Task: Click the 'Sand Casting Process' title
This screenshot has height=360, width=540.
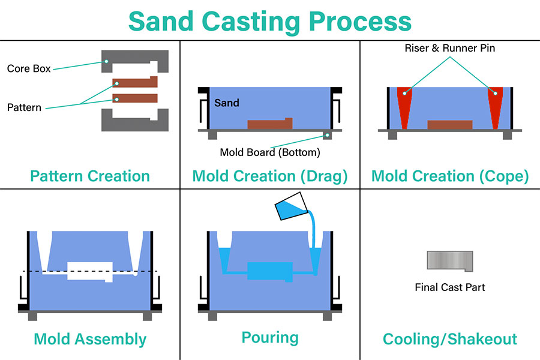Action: coord(270,22)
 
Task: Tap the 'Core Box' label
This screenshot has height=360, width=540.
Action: coord(29,68)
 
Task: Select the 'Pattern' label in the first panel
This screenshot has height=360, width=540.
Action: coord(24,107)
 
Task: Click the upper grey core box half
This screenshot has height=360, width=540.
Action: coord(134,56)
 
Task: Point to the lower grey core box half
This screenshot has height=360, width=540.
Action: coord(134,125)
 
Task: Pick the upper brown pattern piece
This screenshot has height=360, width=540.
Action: coord(135,82)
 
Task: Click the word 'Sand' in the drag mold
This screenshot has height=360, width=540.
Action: coord(227,103)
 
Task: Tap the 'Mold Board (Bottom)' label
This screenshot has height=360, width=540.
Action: coord(270,152)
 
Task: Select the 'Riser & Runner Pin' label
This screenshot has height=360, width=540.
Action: coord(450,48)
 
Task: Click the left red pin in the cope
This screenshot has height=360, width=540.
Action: coord(404,103)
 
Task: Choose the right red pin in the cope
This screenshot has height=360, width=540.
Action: coord(495,103)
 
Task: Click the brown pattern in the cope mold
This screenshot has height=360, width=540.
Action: coord(450,125)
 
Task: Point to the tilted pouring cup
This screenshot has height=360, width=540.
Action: coord(291,206)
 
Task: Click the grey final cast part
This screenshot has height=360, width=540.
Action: coord(450,260)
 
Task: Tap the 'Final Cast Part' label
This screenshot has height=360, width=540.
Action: coord(450,287)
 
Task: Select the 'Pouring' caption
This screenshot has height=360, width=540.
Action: coord(270,338)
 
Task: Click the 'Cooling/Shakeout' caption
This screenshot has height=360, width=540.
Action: coord(450,340)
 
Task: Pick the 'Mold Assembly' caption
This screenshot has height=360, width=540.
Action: coord(90,340)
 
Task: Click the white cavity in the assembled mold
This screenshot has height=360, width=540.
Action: coord(90,271)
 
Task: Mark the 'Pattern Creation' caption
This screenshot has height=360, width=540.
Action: coord(90,176)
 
